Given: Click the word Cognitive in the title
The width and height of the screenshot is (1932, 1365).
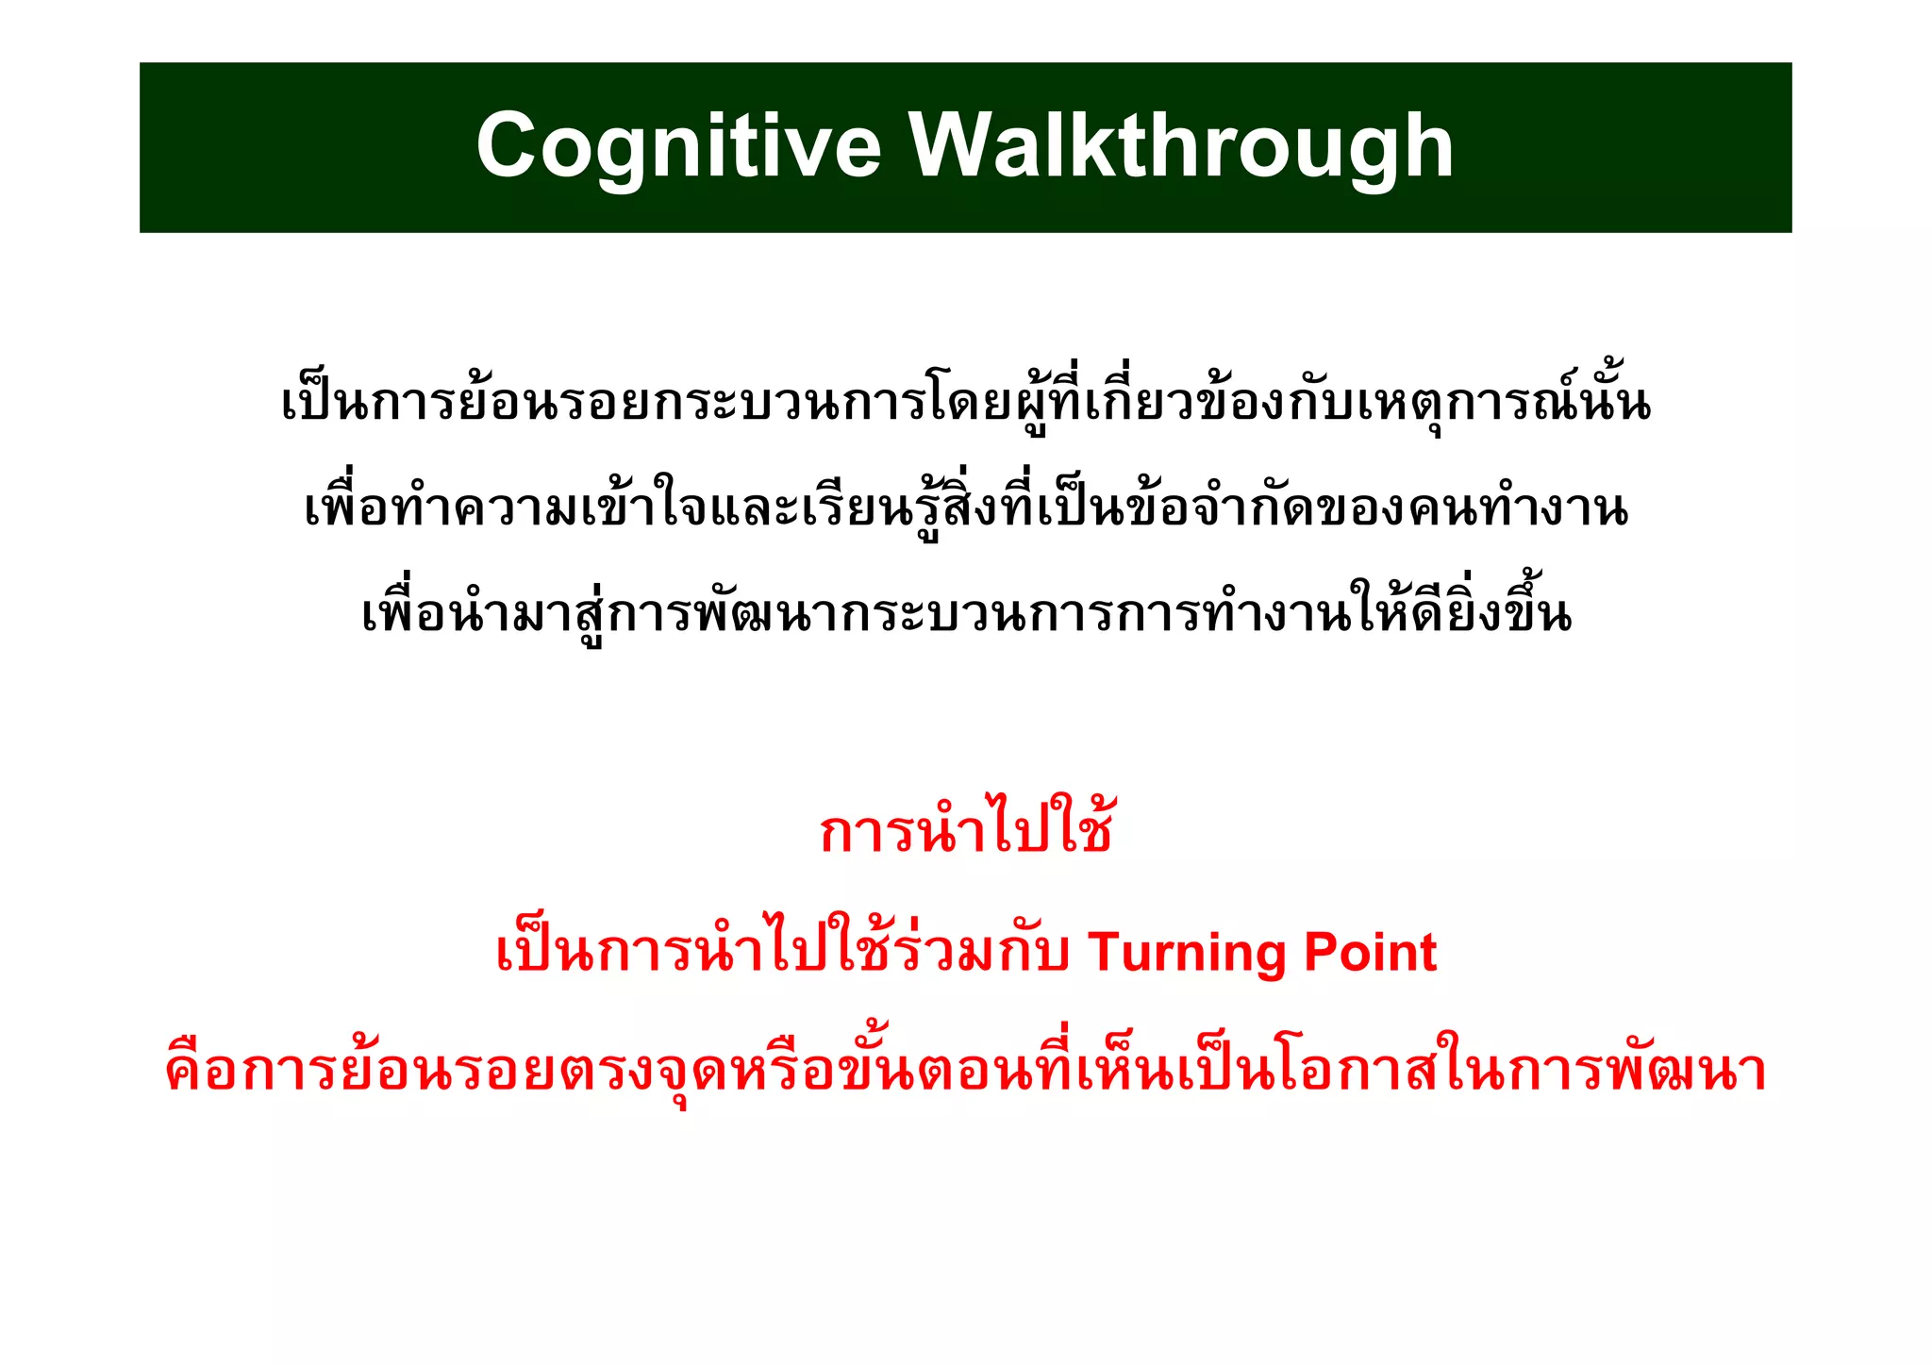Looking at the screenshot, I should click(x=678, y=147).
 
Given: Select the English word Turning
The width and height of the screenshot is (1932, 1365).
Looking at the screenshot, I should click(x=1188, y=953).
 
